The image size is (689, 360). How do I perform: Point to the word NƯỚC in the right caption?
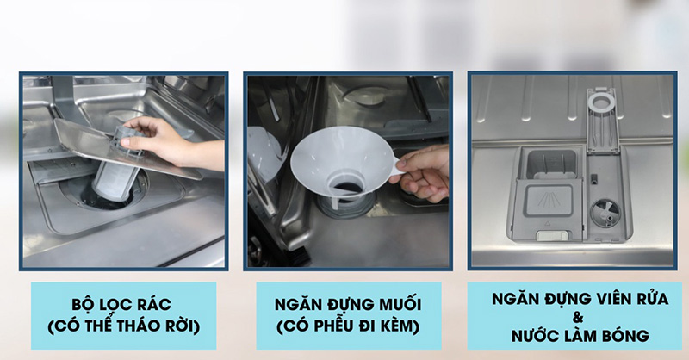click(x=524, y=334)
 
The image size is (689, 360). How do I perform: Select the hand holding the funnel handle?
click(x=426, y=172)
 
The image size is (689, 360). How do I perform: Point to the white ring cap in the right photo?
click(x=599, y=101)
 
